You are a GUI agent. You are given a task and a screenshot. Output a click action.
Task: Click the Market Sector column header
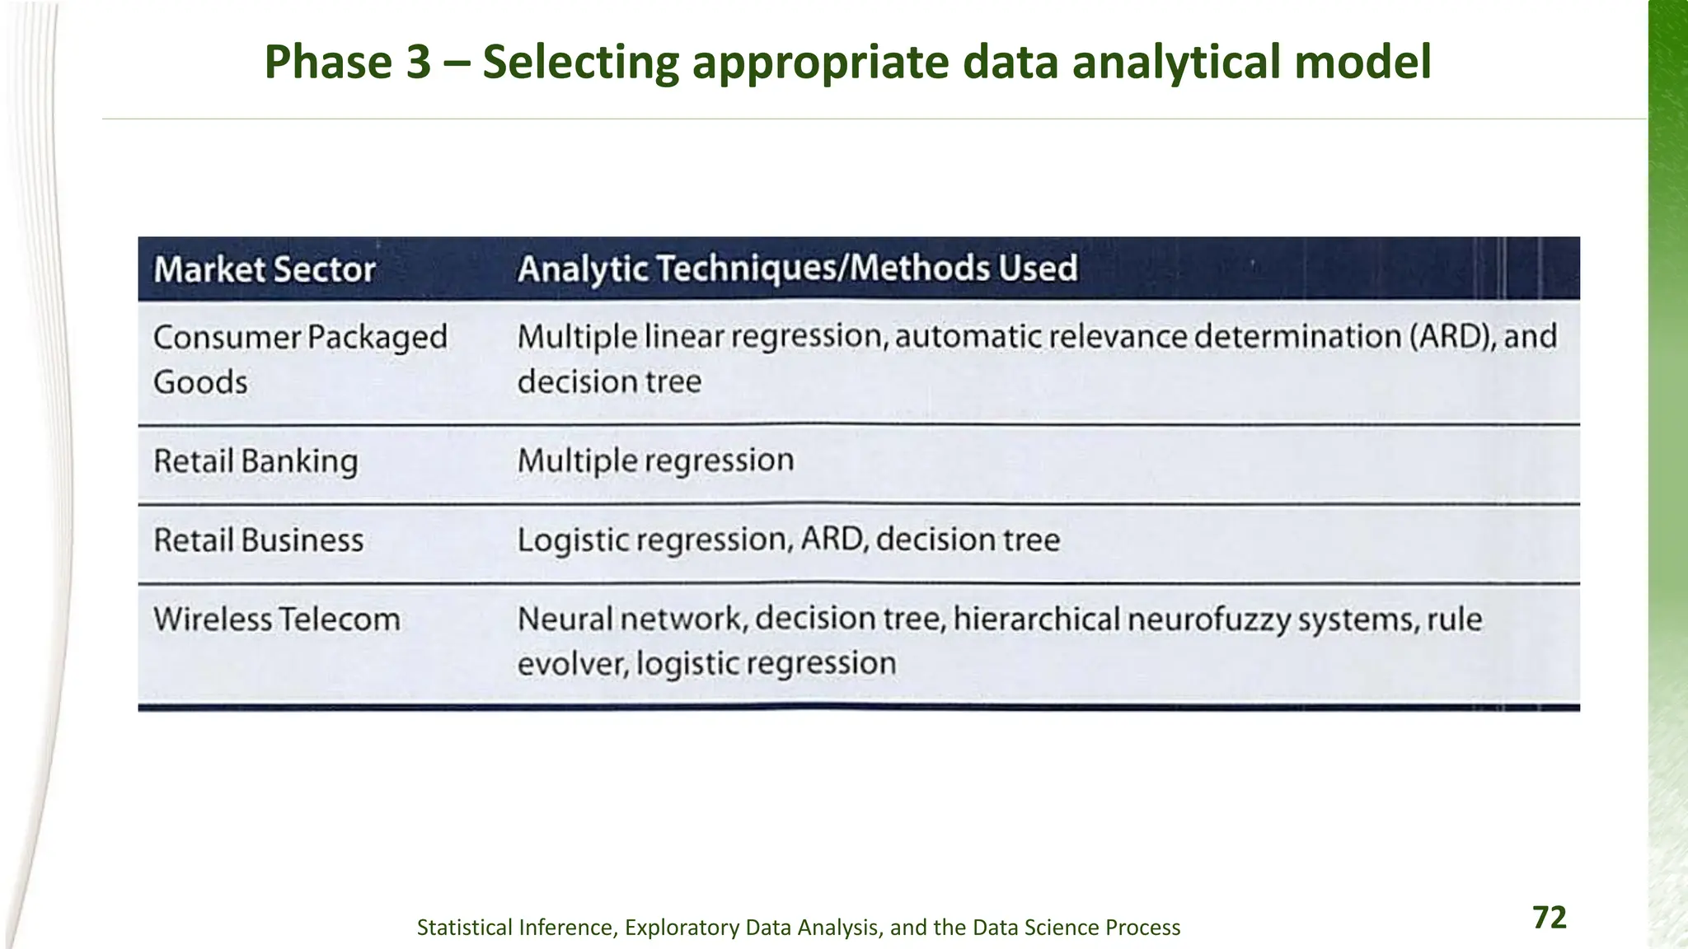(265, 270)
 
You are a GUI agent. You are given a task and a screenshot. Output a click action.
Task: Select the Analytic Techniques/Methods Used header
(797, 269)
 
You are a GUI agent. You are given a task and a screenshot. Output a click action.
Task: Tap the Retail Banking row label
(256, 461)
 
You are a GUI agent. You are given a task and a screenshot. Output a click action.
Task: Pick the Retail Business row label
(258, 540)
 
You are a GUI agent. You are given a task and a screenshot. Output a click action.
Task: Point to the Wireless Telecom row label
(277, 619)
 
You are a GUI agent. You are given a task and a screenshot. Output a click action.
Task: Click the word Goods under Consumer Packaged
(200, 382)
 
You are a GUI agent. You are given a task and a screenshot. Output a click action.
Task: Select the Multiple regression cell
(655, 460)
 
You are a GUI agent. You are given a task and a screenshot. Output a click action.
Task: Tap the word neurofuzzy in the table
(1208, 619)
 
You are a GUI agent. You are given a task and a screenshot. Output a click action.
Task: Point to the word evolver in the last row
(572, 664)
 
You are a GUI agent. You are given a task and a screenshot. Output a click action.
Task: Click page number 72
(1549, 918)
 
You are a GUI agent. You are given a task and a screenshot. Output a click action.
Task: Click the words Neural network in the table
(631, 619)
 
